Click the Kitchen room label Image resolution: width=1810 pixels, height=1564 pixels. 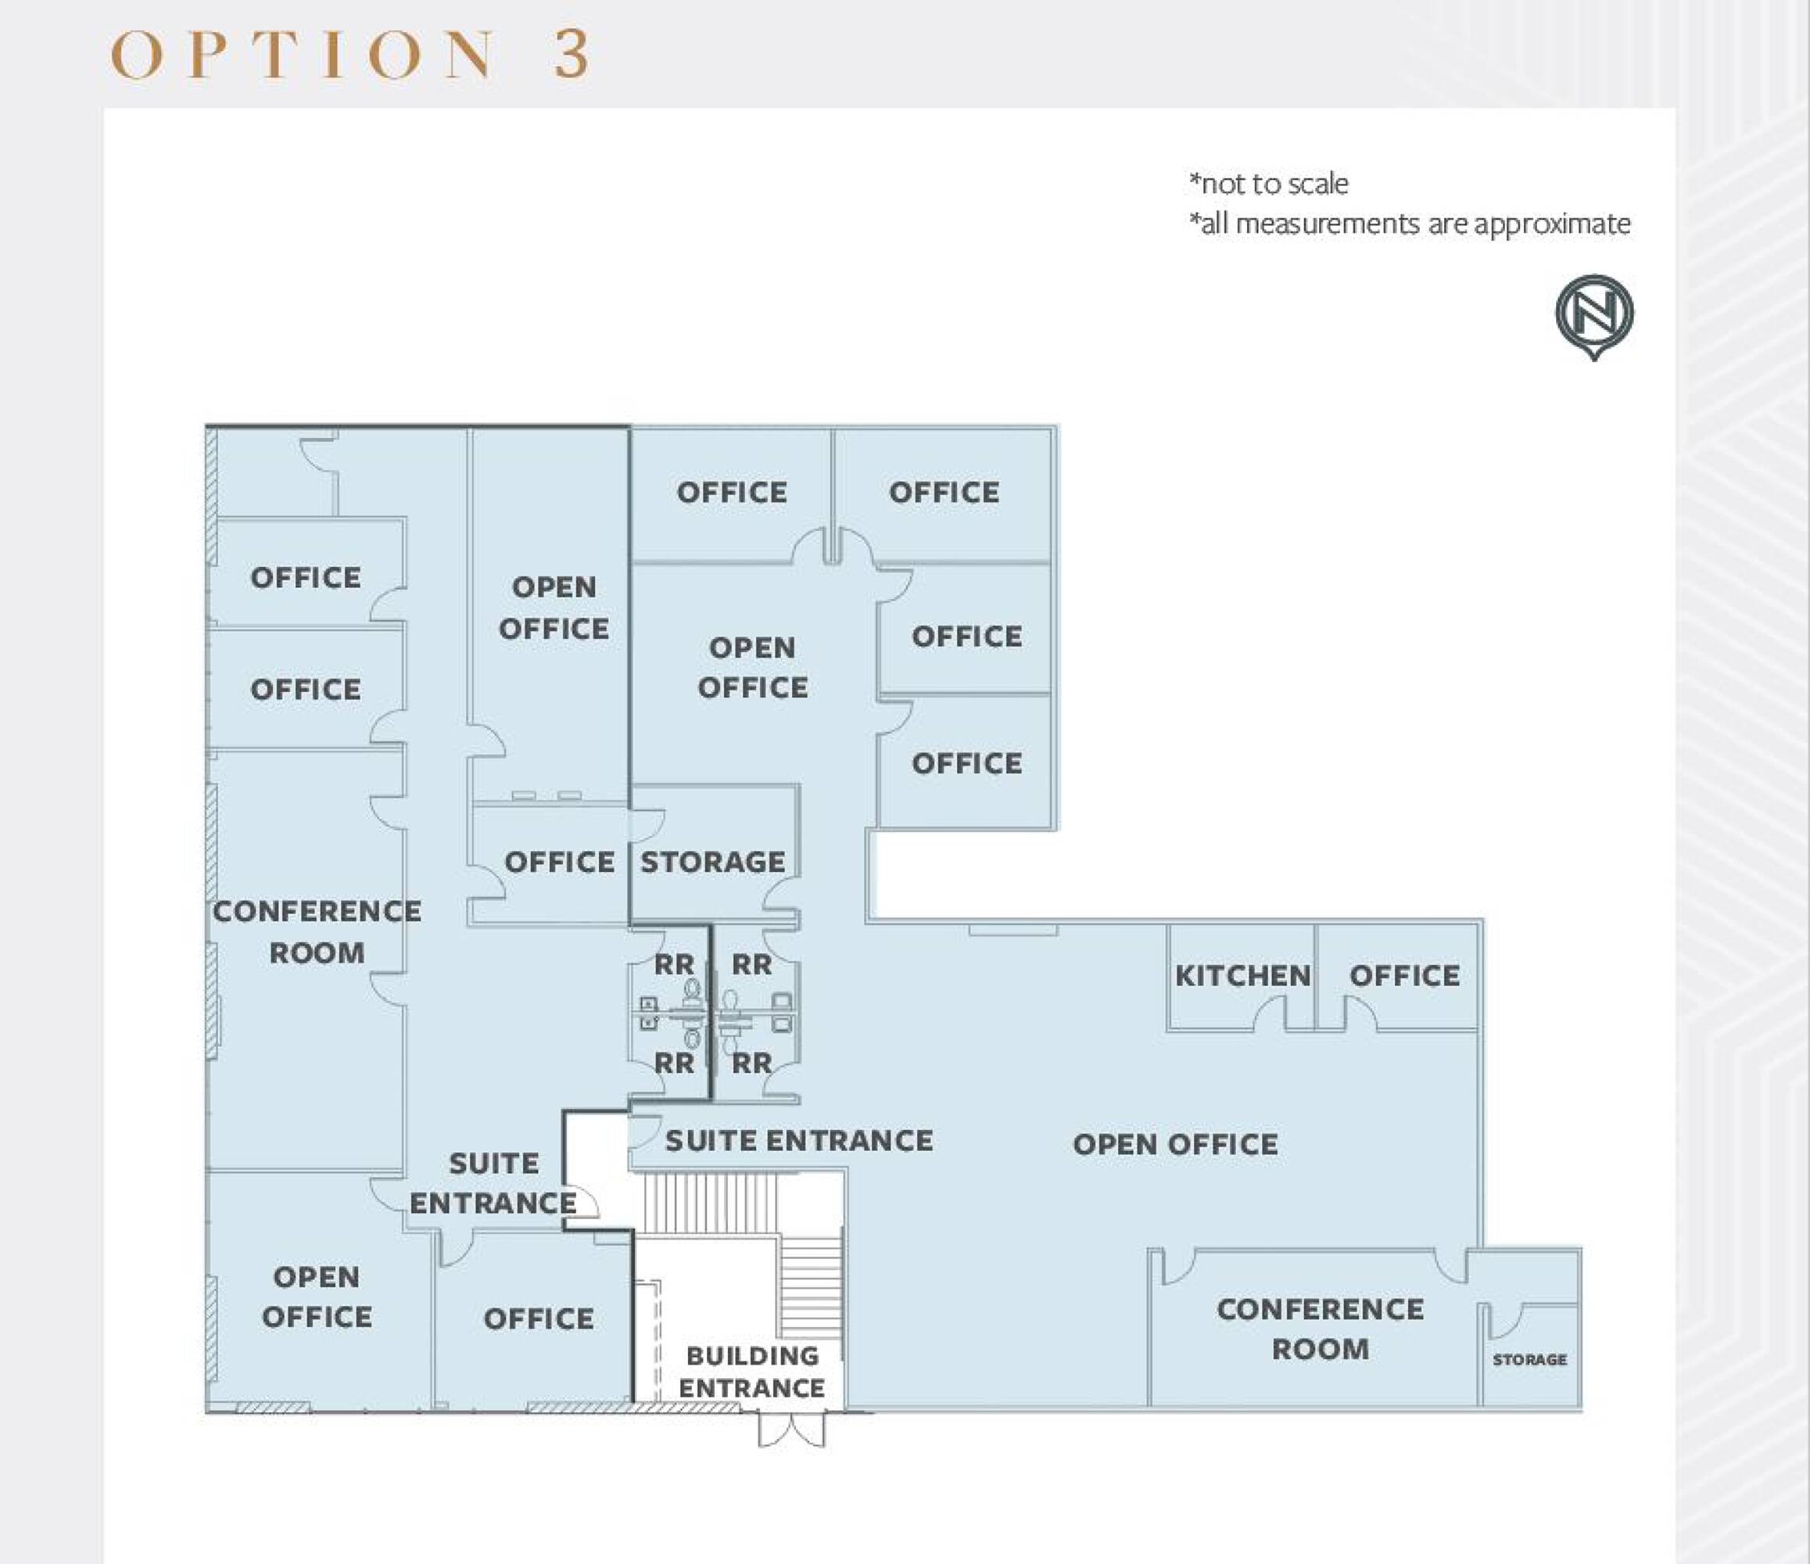point(1242,976)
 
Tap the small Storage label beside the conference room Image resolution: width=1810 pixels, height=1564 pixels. point(1529,1360)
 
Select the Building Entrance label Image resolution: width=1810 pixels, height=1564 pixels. point(752,1372)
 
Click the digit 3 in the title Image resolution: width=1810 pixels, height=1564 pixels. point(571,54)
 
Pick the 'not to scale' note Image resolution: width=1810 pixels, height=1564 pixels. point(1268,184)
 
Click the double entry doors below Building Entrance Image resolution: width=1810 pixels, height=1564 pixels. point(791,1429)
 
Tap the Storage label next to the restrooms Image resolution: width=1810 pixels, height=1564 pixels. point(713,863)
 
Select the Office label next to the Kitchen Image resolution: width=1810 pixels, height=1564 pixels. point(1405,976)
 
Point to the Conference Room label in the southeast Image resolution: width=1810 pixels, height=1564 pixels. point(1320,1329)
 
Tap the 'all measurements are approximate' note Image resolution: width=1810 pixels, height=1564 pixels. point(1409,224)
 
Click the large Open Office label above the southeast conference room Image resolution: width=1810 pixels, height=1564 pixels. point(1175,1145)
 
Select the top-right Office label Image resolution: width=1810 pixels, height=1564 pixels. point(944,493)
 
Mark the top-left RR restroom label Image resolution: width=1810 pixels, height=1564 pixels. point(675,966)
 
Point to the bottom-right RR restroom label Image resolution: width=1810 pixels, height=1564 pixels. point(752,1064)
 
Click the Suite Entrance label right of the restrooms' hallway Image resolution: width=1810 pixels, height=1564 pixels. point(799,1140)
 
